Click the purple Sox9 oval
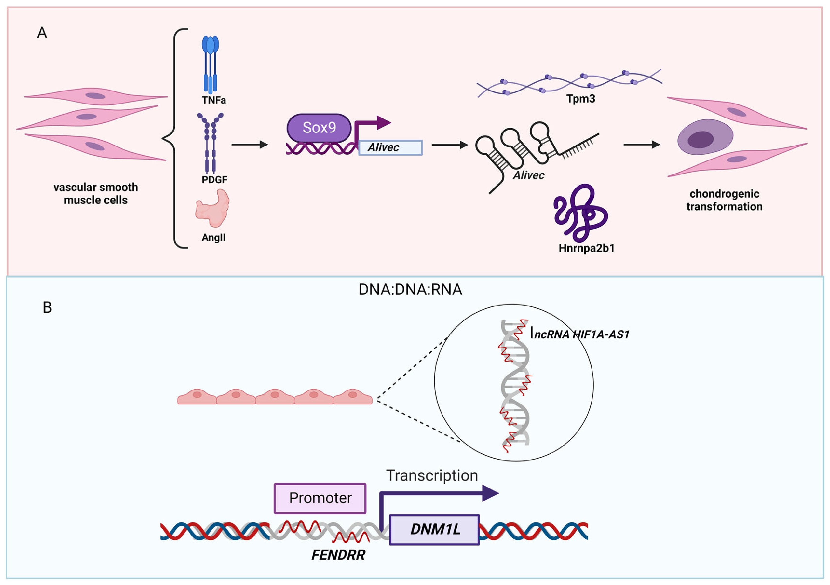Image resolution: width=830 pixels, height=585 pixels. pyautogui.click(x=319, y=128)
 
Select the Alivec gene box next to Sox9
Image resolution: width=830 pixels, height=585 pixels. pyautogui.click(x=390, y=148)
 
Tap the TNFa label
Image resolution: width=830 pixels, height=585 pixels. pyautogui.click(x=214, y=100)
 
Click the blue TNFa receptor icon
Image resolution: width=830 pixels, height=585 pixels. pyautogui.click(x=210, y=63)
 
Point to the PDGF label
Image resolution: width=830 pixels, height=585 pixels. pyautogui.click(x=214, y=180)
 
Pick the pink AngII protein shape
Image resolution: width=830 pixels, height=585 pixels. pyautogui.click(x=212, y=209)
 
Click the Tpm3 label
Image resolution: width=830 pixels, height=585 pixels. pyautogui.click(x=581, y=98)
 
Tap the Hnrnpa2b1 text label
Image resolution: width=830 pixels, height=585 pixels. pyautogui.click(x=586, y=248)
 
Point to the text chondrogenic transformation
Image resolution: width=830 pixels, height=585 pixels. pyautogui.click(x=724, y=200)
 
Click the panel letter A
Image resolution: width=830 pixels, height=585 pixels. pyautogui.click(x=42, y=33)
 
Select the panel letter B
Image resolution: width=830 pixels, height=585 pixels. pyautogui.click(x=47, y=307)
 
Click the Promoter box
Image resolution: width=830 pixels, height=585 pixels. pyautogui.click(x=320, y=498)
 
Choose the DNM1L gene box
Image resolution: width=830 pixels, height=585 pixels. pyautogui.click(x=435, y=529)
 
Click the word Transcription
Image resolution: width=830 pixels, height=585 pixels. pyautogui.click(x=432, y=475)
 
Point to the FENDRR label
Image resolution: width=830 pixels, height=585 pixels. pyautogui.click(x=338, y=555)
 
